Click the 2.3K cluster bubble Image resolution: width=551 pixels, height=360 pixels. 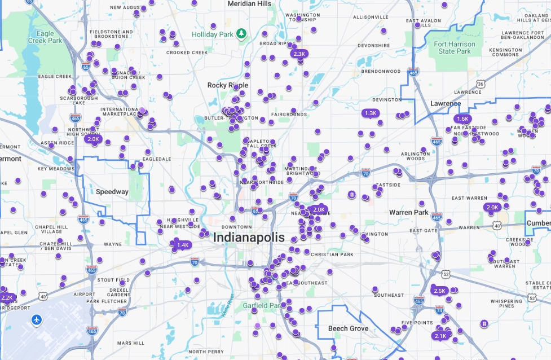[x=299, y=54]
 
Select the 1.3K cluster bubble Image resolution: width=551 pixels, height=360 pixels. [x=371, y=113]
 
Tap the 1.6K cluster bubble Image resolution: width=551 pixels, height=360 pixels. [x=462, y=118]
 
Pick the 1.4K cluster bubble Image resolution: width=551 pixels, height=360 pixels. [x=183, y=245]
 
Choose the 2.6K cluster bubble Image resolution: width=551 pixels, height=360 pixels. [x=439, y=291]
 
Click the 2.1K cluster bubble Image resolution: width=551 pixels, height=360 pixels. [x=440, y=336]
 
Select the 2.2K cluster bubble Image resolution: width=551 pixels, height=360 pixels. [x=7, y=297]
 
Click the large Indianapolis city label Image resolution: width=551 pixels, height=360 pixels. [x=249, y=238]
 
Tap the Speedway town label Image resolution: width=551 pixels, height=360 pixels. [x=112, y=192]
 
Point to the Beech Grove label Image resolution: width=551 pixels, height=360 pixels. [x=348, y=328]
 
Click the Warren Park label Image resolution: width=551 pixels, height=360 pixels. [x=409, y=213]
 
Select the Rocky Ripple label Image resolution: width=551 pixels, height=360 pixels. [x=227, y=85]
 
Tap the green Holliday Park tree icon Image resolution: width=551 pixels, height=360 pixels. [x=241, y=34]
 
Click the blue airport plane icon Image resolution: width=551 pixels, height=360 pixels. [x=37, y=320]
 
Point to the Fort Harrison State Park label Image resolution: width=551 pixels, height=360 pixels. [x=455, y=47]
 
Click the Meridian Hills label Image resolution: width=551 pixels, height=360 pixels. [x=249, y=4]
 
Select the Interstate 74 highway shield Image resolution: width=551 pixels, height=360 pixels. [x=440, y=310]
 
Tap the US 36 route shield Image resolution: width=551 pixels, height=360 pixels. [x=480, y=84]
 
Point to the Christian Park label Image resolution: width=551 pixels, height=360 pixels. [x=332, y=254]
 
